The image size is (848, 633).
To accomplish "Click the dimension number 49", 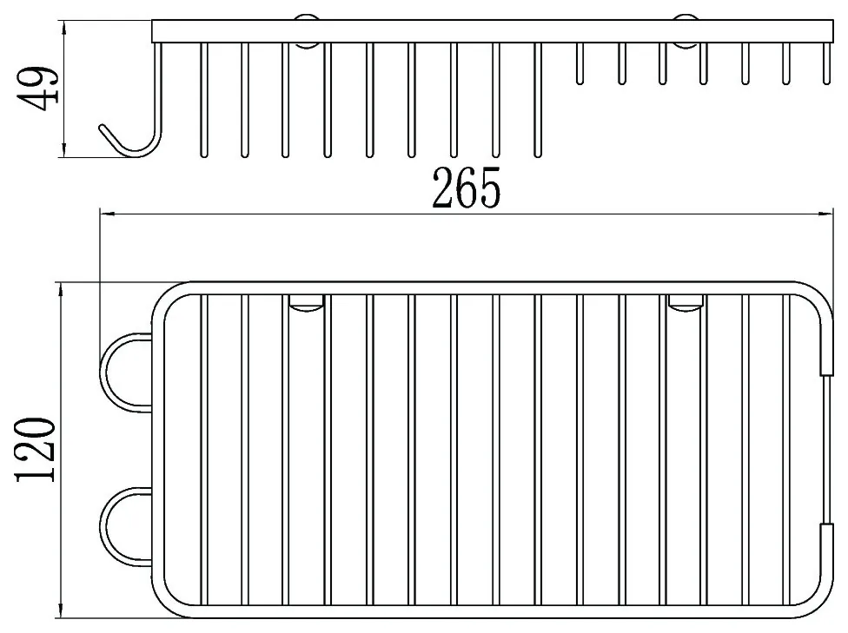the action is click(x=38, y=89).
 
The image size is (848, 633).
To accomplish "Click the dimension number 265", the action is click(x=467, y=188).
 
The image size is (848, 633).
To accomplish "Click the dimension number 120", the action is click(x=36, y=449).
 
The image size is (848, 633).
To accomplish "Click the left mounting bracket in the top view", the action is click(x=306, y=303).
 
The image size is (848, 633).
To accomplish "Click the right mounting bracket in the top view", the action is click(x=686, y=303).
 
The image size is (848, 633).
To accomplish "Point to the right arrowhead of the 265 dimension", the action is click(x=825, y=215).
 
